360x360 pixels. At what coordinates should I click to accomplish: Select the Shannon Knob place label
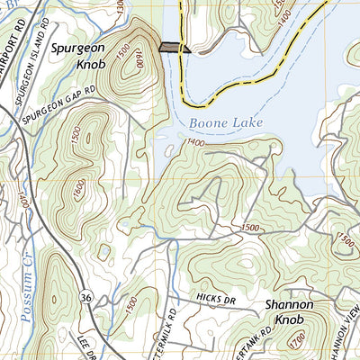(x=290, y=313)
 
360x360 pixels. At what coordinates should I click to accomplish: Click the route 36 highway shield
(x=85, y=296)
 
